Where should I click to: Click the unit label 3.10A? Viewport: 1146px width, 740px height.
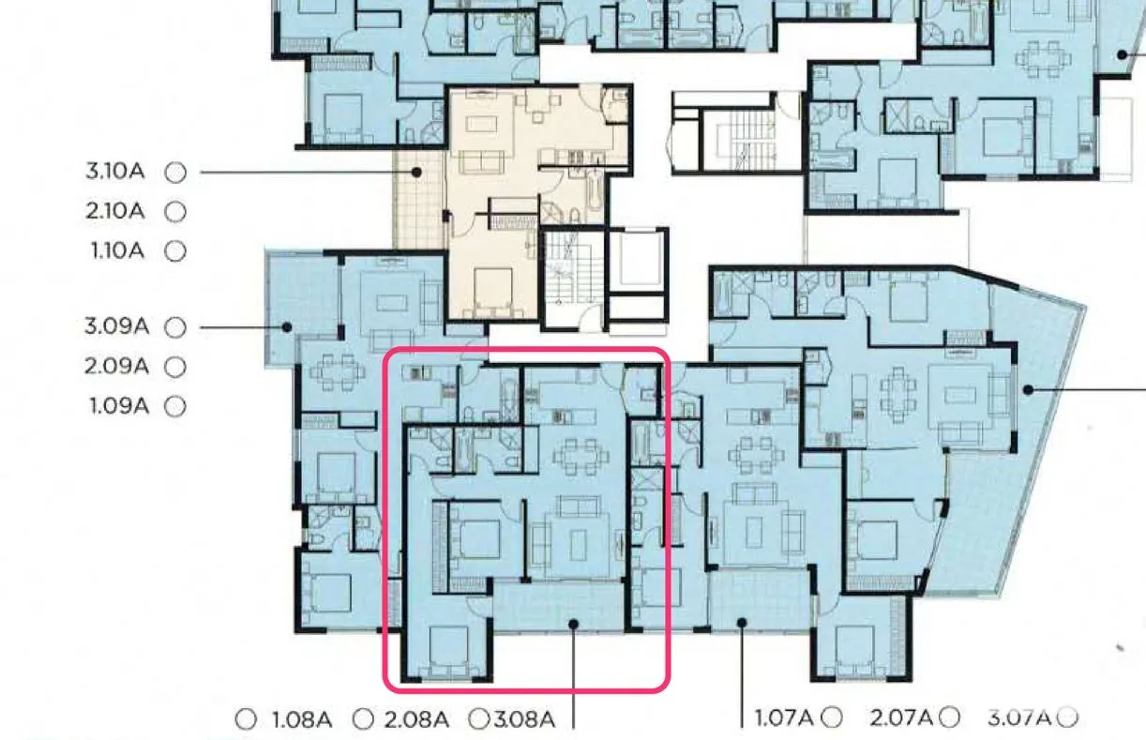pyautogui.click(x=115, y=171)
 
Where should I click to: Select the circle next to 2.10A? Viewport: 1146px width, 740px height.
pyautogui.click(x=175, y=211)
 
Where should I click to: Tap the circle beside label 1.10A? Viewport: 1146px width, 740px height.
pyautogui.click(x=175, y=251)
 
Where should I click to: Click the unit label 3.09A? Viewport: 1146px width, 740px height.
pyautogui.click(x=116, y=326)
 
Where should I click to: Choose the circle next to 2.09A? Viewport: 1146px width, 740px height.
pyautogui.click(x=175, y=367)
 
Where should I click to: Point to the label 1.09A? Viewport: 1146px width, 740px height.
pyautogui.click(x=119, y=406)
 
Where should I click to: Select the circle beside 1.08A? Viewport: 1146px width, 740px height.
pyautogui.click(x=246, y=719)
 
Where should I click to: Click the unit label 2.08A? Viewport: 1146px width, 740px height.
pyautogui.click(x=416, y=720)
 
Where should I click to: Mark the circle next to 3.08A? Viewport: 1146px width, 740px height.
pyautogui.click(x=479, y=718)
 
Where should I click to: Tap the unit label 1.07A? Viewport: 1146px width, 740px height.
pyautogui.click(x=784, y=717)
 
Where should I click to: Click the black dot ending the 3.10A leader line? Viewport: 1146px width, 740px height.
pyautogui.click(x=417, y=173)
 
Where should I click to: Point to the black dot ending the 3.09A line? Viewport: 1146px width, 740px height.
pyautogui.click(x=287, y=327)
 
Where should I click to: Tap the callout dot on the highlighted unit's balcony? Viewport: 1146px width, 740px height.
pyautogui.click(x=574, y=624)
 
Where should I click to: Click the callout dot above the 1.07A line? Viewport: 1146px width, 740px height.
pyautogui.click(x=742, y=623)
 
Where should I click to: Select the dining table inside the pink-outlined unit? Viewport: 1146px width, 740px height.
pyautogui.click(x=581, y=456)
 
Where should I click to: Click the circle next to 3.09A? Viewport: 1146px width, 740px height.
pyautogui.click(x=175, y=327)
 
